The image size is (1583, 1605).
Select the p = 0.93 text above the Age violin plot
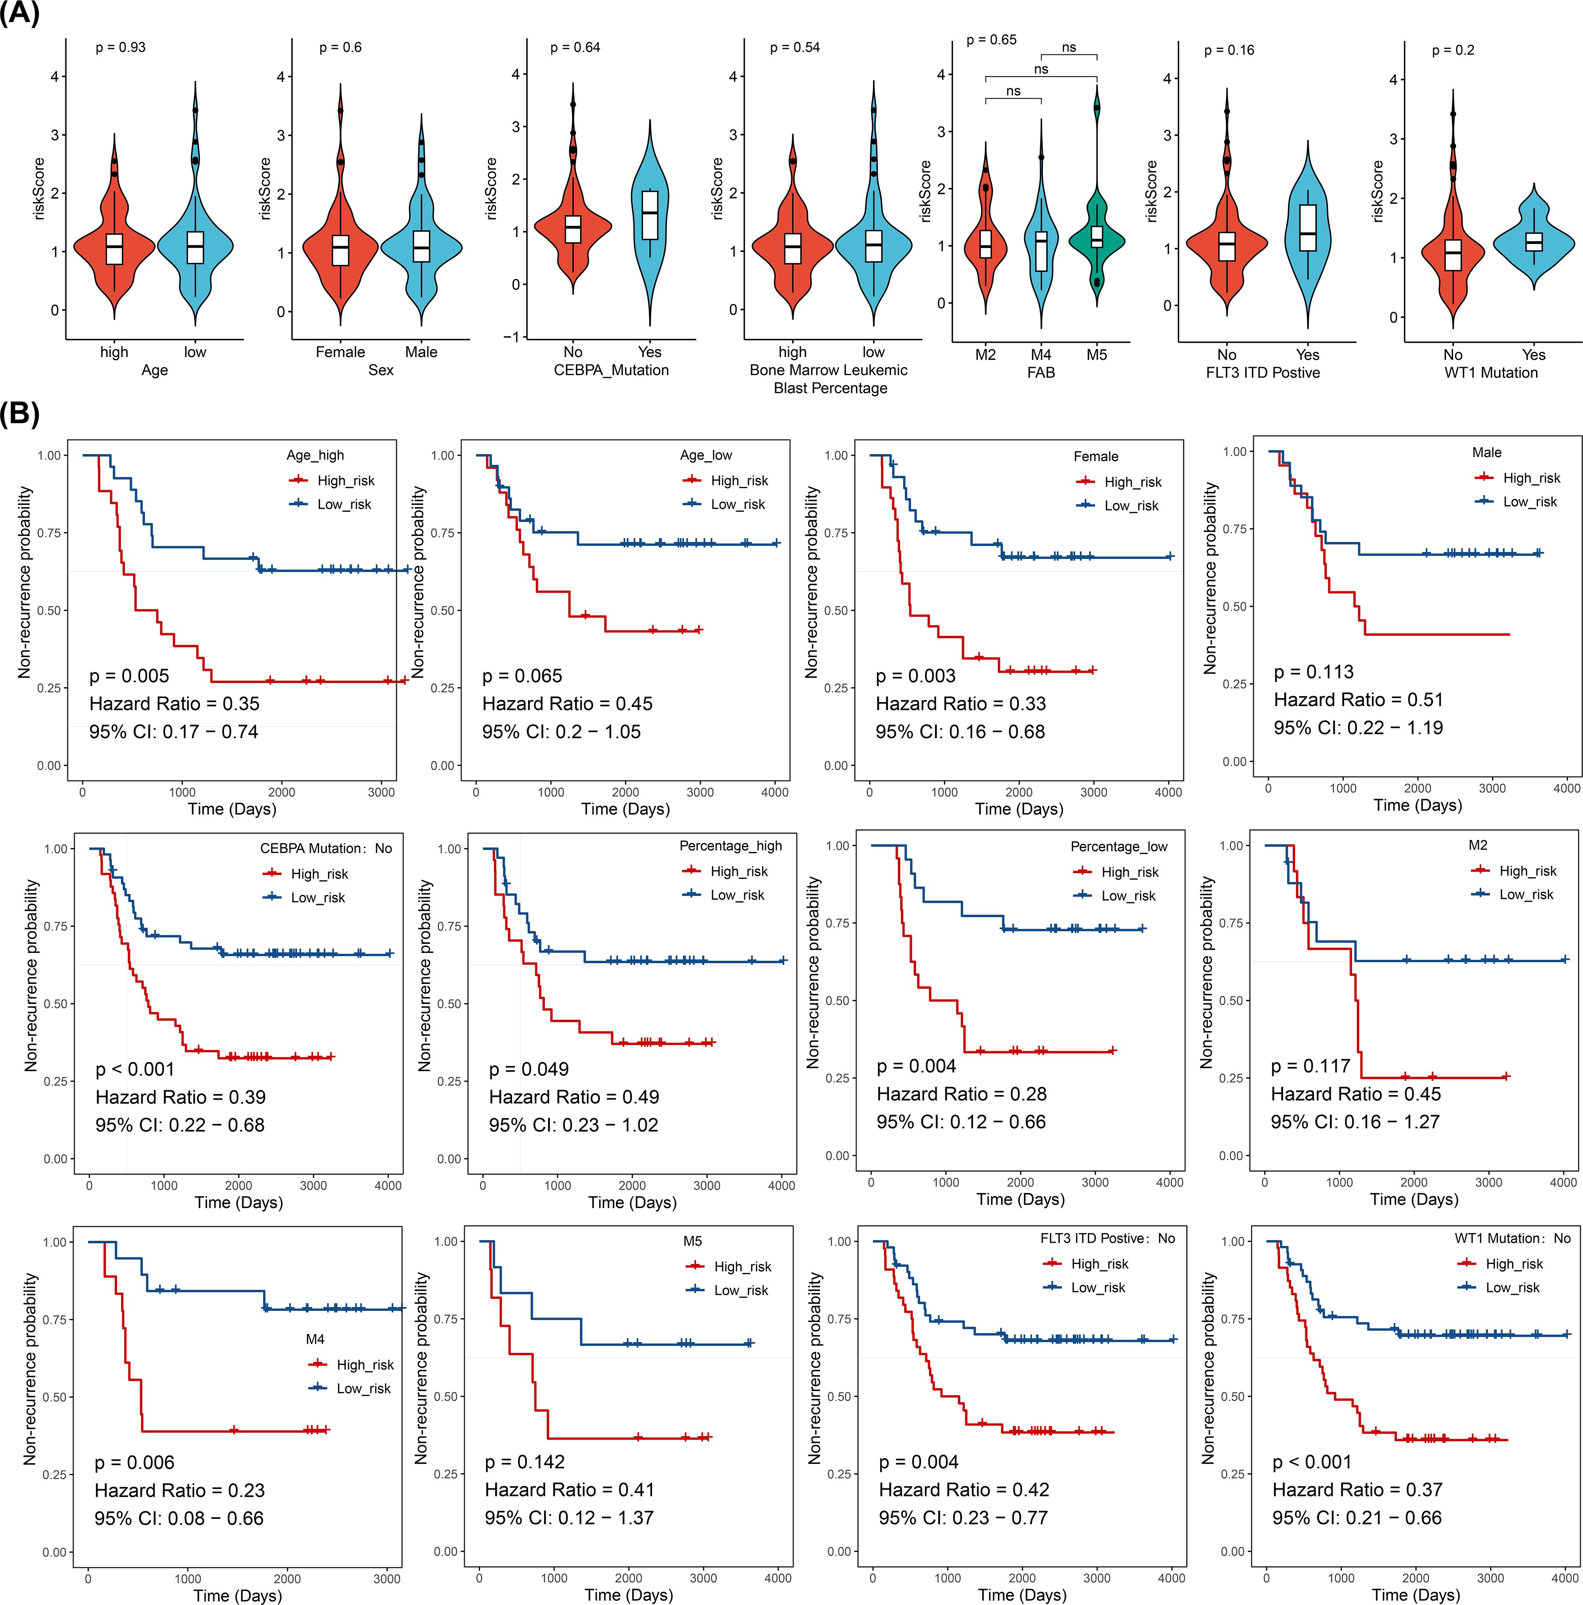pyautogui.click(x=121, y=47)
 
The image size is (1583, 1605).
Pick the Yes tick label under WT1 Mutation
pyautogui.click(x=1533, y=355)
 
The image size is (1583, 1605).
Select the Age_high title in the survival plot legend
pyautogui.click(x=315, y=455)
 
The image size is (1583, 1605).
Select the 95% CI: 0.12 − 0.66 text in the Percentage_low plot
pyautogui.click(x=961, y=1122)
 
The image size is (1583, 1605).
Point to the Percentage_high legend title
pyautogui.click(x=731, y=846)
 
